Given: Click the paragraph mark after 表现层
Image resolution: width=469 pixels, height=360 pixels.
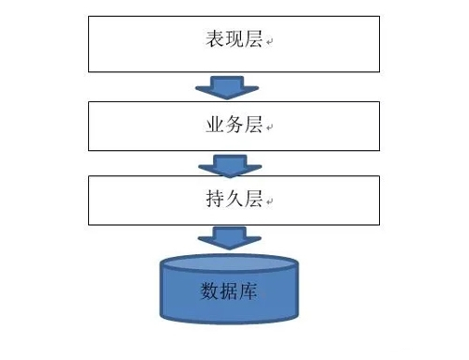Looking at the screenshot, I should tap(269, 43).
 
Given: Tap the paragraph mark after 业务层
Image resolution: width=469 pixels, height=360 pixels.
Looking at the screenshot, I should tap(269, 126).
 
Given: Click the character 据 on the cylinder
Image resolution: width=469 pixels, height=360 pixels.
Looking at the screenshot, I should tap(230, 291).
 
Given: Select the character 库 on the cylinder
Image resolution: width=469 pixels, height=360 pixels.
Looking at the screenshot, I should tap(250, 291).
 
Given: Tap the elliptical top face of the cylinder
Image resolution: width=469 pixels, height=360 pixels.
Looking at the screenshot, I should tap(229, 262).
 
